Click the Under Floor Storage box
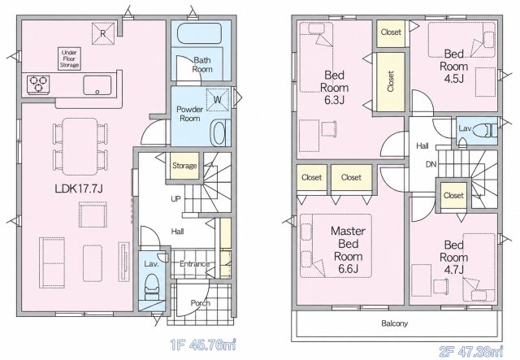click(x=70, y=59)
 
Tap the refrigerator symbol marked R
click(x=103, y=33)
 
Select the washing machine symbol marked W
click(x=218, y=99)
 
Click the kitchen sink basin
click(x=97, y=85)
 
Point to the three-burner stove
click(x=38, y=84)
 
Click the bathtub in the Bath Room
click(x=199, y=33)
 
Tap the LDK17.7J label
click(x=79, y=189)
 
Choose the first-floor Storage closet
click(x=184, y=166)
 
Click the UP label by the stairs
click(x=175, y=199)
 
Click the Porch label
click(x=201, y=303)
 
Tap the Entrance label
click(x=195, y=264)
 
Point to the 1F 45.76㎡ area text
click(x=203, y=345)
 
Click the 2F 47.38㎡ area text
click(x=471, y=350)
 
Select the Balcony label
click(x=395, y=323)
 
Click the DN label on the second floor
click(x=431, y=164)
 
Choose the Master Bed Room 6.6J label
click(x=349, y=249)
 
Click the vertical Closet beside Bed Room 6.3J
click(x=391, y=82)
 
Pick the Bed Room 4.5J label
click(x=453, y=66)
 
